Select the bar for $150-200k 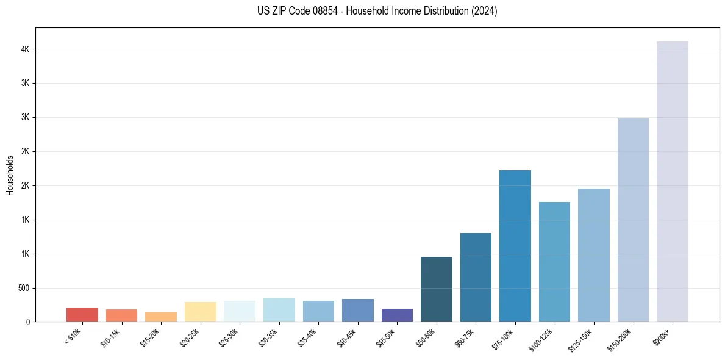(x=633, y=220)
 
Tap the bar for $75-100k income (x=515, y=246)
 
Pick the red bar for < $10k (x=82, y=315)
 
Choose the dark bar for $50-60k (x=436, y=289)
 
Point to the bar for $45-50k (x=397, y=315)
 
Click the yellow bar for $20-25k (x=200, y=312)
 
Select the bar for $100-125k (x=554, y=262)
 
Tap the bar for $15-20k (x=161, y=317)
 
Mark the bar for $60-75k (x=476, y=277)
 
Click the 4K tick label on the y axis (x=25, y=49)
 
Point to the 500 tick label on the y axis (x=24, y=288)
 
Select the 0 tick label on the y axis (x=28, y=322)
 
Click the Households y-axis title (x=10, y=175)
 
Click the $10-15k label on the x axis (x=113, y=336)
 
